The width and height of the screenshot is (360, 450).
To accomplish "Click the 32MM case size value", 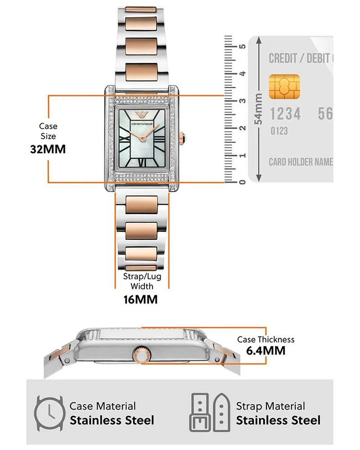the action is tap(48, 149).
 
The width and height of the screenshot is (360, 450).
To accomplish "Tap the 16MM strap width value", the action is tap(141, 300).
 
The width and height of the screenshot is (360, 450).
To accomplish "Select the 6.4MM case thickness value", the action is tap(266, 351).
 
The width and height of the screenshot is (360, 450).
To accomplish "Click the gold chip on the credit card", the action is tap(284, 86).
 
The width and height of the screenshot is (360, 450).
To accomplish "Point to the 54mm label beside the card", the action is tap(258, 109).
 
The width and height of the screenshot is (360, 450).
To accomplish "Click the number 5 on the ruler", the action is tap(243, 46).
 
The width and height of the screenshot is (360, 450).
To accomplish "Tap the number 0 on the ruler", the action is tap(243, 182).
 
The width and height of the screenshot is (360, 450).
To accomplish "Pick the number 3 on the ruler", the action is tap(243, 101).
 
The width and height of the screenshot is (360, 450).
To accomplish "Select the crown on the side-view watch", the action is tap(142, 355).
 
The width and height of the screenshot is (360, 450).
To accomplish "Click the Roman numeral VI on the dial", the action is tap(142, 162).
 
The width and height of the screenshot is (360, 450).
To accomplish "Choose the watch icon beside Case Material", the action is tap(49, 414).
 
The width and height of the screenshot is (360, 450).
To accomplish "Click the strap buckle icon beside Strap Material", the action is tap(210, 413).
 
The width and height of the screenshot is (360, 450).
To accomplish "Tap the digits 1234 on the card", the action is tap(285, 114).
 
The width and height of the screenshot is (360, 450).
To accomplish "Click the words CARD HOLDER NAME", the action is tap(301, 162).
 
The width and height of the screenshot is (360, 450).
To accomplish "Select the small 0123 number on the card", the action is tap(279, 131).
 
